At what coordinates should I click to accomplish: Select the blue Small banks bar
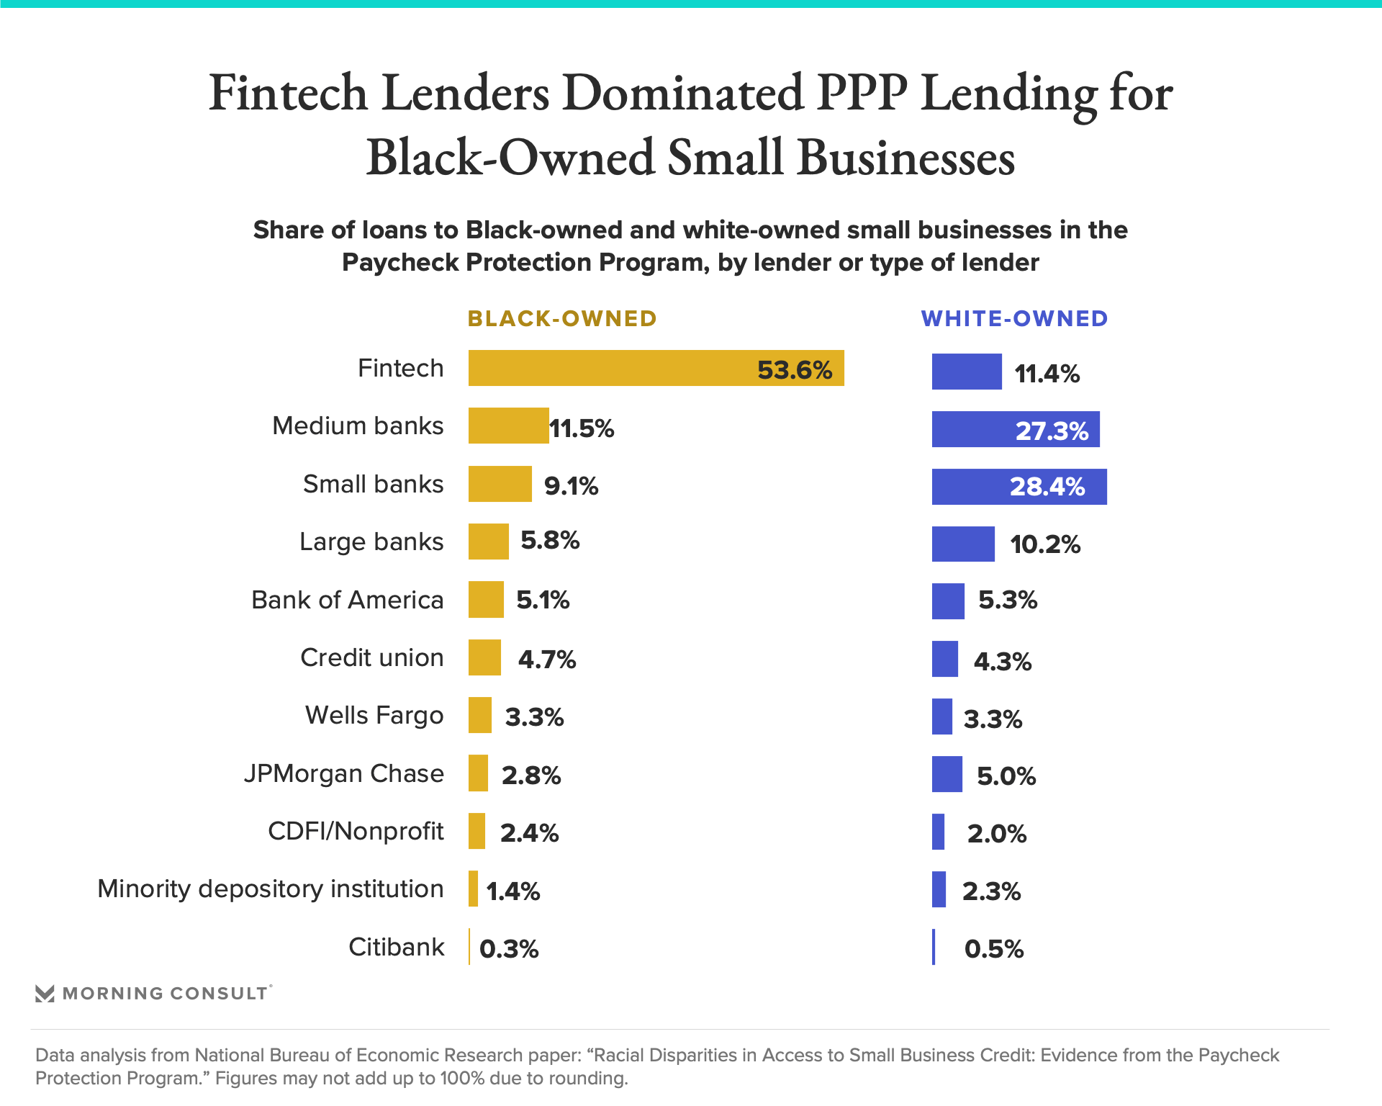1019,487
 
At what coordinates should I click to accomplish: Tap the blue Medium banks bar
1015,429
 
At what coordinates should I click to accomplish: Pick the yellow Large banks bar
488,541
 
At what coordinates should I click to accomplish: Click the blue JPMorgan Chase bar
947,774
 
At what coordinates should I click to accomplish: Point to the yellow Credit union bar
484,657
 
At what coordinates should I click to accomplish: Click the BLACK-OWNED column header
562,319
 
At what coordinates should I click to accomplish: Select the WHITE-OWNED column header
1014,319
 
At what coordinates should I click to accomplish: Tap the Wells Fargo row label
374,716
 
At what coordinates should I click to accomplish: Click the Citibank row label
396,947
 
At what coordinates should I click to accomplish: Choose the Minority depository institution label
270,889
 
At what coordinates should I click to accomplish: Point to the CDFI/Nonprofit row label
356,831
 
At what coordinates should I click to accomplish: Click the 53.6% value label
795,370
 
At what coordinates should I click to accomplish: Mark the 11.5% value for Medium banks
582,428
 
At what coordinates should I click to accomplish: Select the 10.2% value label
1045,544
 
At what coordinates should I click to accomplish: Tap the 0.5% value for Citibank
994,949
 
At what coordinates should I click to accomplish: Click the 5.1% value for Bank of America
543,600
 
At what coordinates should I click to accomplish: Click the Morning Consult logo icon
45,994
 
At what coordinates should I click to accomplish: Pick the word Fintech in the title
288,94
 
